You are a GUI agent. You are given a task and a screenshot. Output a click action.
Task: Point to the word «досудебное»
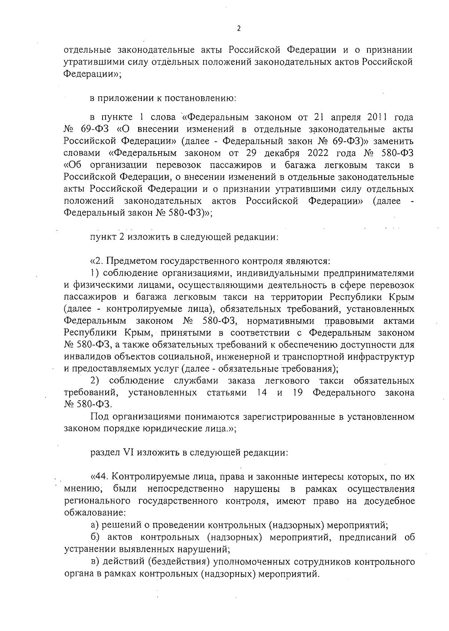click(390, 501)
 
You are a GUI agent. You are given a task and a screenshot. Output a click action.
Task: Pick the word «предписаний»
click(362, 538)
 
